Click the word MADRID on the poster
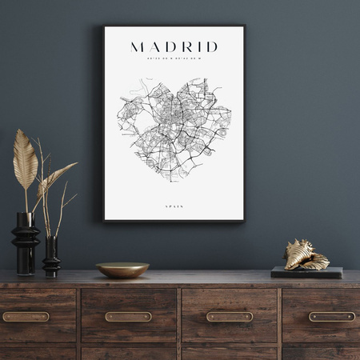pyautogui.click(x=174, y=46)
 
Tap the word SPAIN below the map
pyautogui.click(x=174, y=206)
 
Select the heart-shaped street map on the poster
pyautogui.click(x=174, y=128)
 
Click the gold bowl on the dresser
pyautogui.click(x=122, y=270)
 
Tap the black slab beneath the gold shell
pyautogui.click(x=306, y=272)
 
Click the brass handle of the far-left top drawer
pyautogui.click(x=26, y=316)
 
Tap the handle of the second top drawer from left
pyautogui.click(x=128, y=316)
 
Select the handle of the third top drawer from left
pyautogui.click(x=230, y=316)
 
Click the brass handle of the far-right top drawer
pyautogui.click(x=331, y=316)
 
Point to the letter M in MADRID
pyautogui.click(x=137, y=46)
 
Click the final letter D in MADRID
pyautogui.click(x=212, y=46)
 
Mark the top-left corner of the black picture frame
pyautogui.click(x=103, y=26)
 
